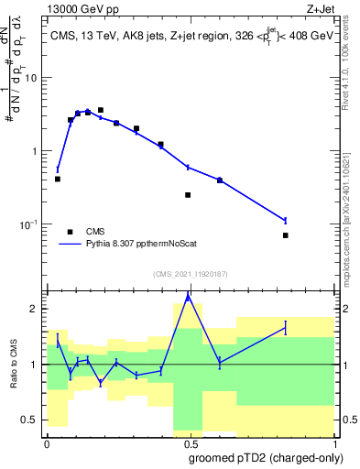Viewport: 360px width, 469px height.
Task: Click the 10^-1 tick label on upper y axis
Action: coord(31,224)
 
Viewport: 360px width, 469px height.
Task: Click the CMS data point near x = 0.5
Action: coord(188,195)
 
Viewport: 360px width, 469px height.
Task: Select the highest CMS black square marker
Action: coord(101,110)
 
